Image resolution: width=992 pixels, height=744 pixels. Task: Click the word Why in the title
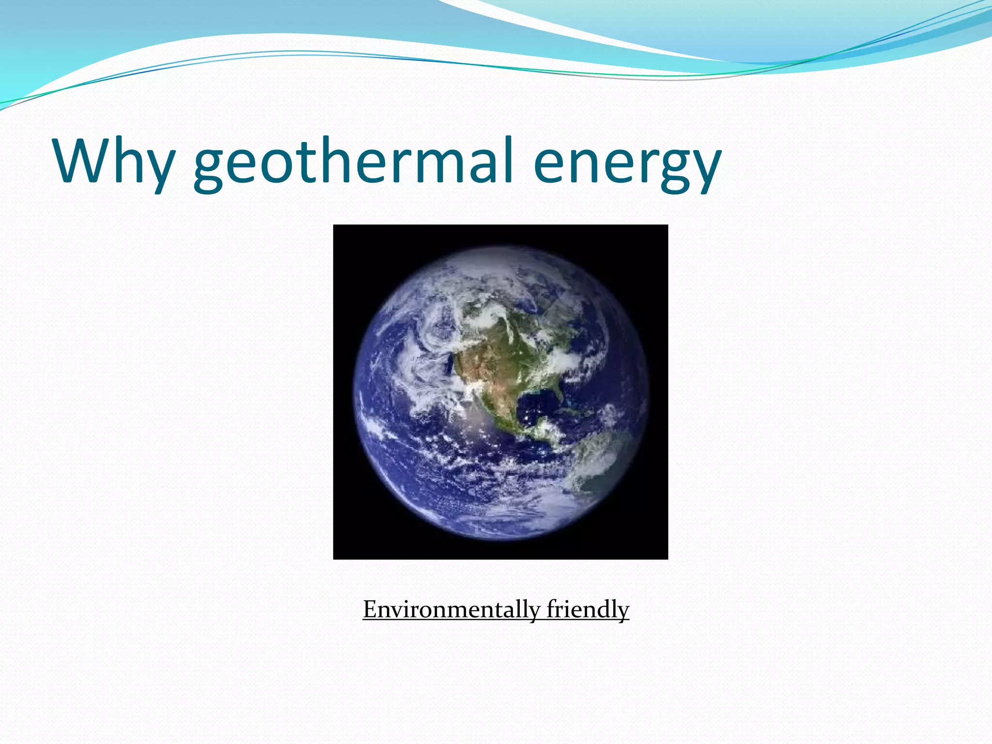(114, 161)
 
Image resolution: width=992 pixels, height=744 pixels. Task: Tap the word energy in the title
(627, 165)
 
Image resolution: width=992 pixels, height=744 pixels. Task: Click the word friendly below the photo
(588, 609)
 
